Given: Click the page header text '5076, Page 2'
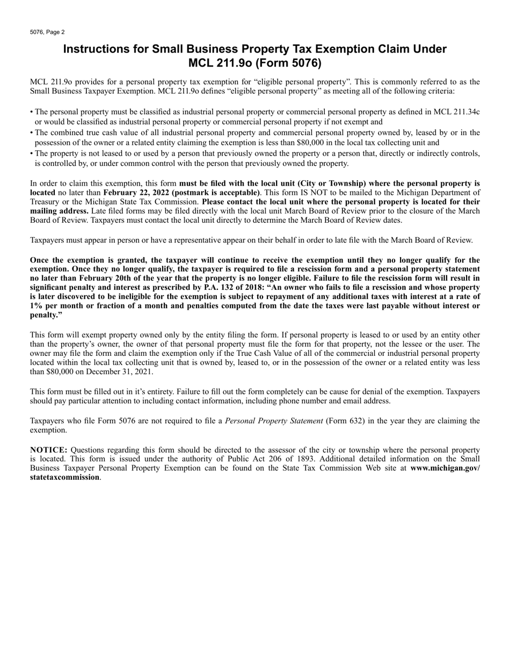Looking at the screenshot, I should tap(47, 32).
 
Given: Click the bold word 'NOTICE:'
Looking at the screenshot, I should tap(49, 450).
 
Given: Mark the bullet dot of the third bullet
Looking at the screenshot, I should tap(32, 153).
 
